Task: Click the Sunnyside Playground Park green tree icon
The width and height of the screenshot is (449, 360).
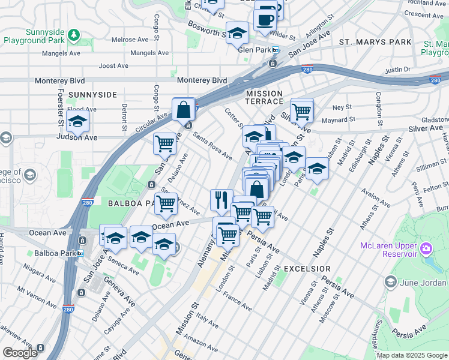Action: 73,34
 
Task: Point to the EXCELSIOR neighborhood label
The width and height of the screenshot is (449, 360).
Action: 307,268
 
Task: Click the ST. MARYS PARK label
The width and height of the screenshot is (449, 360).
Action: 375,42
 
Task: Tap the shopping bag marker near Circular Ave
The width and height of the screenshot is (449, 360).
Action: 184,110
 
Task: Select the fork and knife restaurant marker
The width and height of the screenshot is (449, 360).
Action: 221,199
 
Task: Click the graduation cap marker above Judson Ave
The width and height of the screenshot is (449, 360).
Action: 77,121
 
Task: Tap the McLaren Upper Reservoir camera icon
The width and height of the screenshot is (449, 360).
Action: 426,248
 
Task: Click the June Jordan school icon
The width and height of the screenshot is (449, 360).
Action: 390,282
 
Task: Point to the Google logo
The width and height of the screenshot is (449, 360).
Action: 20,353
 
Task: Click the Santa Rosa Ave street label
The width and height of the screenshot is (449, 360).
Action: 212,146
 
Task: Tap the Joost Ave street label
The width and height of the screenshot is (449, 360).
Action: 114,65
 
